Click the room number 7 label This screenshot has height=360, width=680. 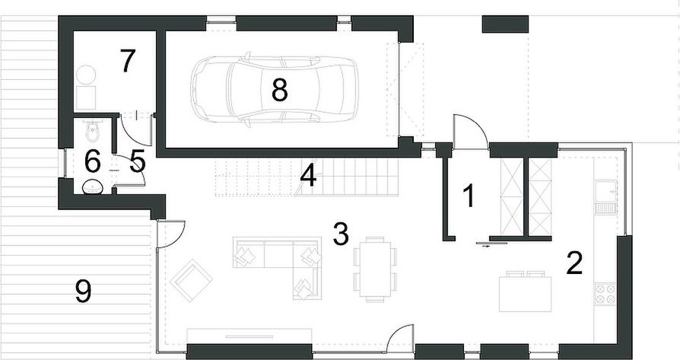127,61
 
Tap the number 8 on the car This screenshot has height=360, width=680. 279,91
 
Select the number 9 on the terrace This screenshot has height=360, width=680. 84,292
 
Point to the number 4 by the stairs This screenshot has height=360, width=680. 307,175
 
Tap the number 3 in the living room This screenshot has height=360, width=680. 341,234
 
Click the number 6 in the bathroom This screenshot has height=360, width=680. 92,161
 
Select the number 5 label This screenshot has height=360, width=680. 138,160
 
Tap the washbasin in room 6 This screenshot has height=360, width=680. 92,185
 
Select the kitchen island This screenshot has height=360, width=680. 526,292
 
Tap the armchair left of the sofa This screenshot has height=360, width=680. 191,279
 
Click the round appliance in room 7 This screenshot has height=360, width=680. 85,74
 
